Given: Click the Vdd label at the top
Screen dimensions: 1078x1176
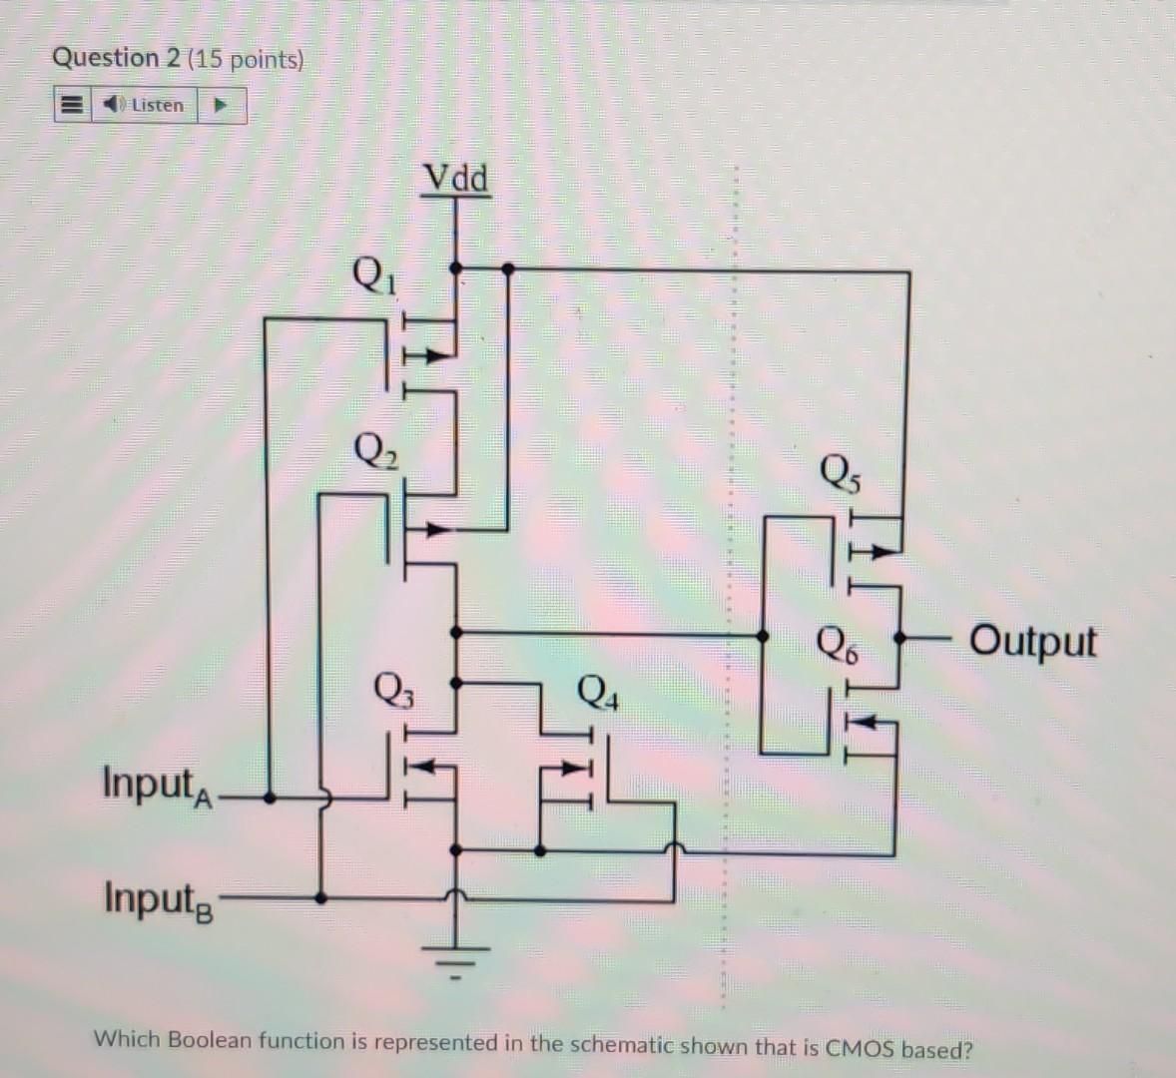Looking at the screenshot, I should pos(456,179).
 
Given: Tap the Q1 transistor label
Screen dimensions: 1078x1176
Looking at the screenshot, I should pos(373,272).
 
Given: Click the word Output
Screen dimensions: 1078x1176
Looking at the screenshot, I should pos(1032,640).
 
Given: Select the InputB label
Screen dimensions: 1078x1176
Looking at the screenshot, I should pos(158,898).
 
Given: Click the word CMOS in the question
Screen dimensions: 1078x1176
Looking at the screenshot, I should pos(862,1049).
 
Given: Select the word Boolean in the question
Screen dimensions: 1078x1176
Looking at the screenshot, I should pos(211,1040).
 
